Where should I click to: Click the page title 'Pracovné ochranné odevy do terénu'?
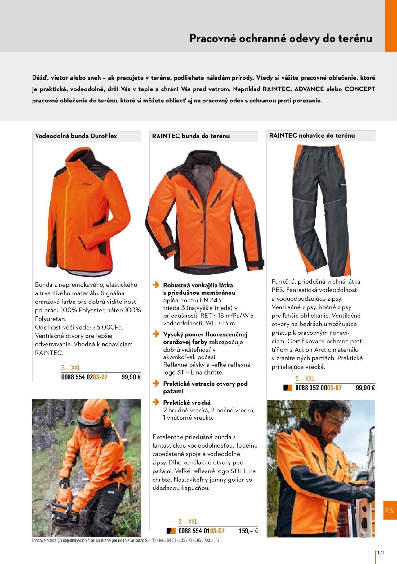(280, 39)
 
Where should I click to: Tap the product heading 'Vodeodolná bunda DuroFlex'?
(76, 136)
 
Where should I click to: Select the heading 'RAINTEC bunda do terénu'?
(191, 136)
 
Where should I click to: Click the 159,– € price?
(248, 531)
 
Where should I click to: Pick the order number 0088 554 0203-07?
(84, 377)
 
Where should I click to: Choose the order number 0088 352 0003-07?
(318, 388)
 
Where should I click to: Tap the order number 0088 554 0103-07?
(201, 531)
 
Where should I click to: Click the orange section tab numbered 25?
(389, 511)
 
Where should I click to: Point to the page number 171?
(381, 553)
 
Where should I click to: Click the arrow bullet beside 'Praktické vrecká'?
(156, 403)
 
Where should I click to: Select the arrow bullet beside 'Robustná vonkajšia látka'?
(156, 285)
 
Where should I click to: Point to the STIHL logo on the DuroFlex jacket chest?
(88, 184)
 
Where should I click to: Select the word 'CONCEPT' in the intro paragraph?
(360, 89)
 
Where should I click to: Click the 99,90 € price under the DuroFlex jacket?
(131, 377)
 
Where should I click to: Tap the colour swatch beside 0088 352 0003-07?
(288, 388)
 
